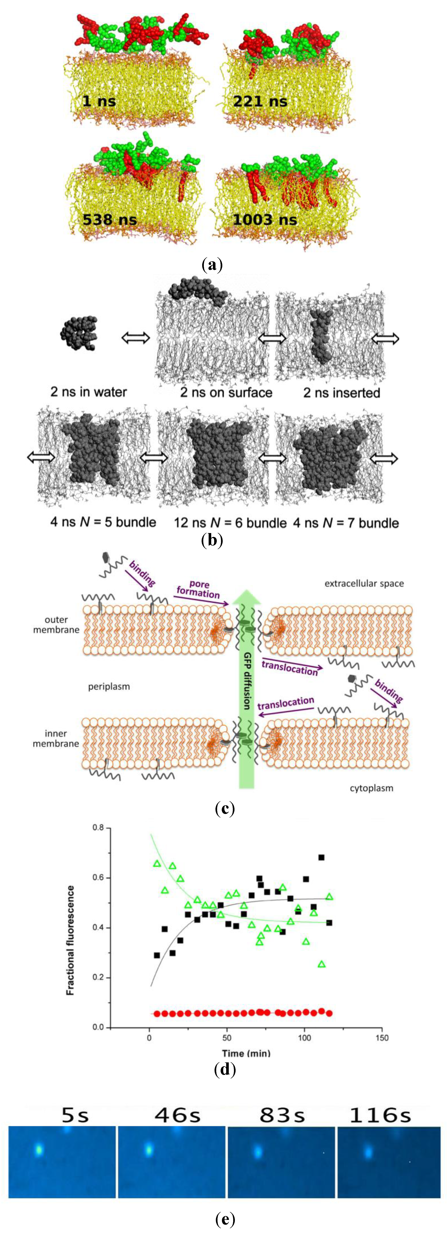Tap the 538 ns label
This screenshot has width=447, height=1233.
pos(110,220)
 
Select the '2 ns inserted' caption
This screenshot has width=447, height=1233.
pos(342,392)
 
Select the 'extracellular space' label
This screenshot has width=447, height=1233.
pos(364,583)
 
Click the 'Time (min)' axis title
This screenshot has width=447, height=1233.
pos(246,1053)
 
